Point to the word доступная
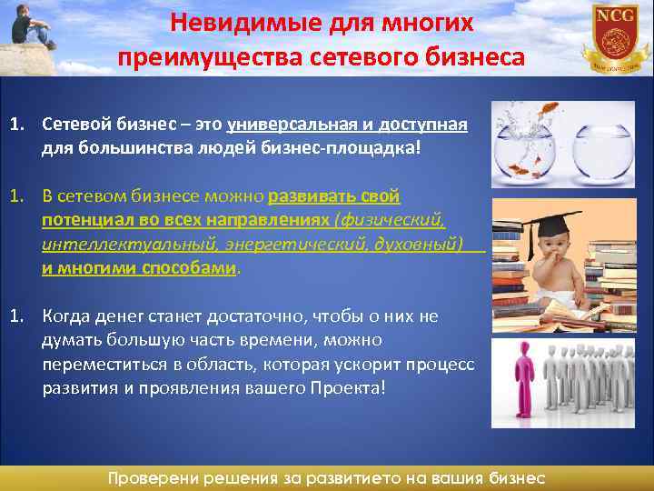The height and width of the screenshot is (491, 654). pyautogui.click(x=423, y=125)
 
